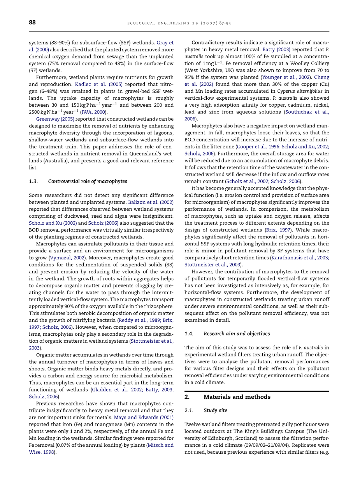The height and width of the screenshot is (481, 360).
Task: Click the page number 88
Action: [32, 23]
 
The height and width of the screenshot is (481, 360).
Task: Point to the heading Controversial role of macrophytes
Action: [88, 181]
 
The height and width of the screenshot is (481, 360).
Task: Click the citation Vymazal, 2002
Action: [65, 257]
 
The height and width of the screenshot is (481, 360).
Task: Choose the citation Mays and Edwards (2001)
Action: [144, 417]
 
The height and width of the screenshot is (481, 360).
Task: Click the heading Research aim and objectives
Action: [237, 334]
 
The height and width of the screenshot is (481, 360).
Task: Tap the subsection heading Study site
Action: [215, 411]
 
